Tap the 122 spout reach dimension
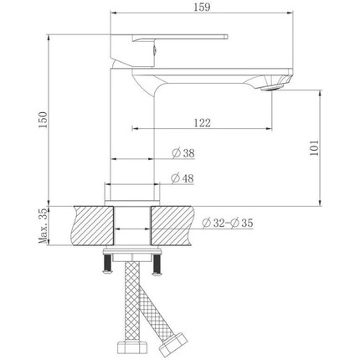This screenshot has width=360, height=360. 201,122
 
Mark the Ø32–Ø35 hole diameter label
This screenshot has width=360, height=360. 229,223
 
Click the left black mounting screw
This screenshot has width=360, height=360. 107,265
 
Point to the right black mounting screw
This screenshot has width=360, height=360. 154,265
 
